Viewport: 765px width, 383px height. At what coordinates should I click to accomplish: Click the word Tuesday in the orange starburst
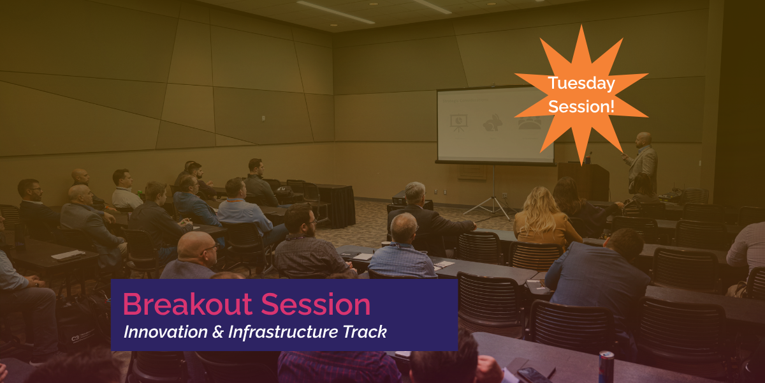pyautogui.click(x=581, y=84)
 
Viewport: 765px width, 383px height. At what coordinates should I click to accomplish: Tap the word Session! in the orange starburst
pyautogui.click(x=581, y=107)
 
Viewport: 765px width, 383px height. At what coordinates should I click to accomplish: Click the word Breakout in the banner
pyautogui.click(x=187, y=304)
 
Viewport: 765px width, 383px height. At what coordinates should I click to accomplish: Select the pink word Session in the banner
pyautogui.click(x=316, y=304)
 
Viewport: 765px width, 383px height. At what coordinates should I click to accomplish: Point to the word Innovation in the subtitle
pyautogui.click(x=166, y=332)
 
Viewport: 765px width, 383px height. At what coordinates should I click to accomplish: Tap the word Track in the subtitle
pyautogui.click(x=365, y=332)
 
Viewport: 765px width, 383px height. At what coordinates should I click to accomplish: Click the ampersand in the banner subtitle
pyautogui.click(x=218, y=332)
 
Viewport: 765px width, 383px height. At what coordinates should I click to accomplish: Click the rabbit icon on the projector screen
pyautogui.click(x=492, y=123)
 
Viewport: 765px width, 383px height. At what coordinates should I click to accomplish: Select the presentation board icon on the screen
pyautogui.click(x=458, y=123)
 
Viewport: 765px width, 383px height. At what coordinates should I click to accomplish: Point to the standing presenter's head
pyautogui.click(x=644, y=140)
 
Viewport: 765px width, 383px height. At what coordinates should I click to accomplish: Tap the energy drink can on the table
pyautogui.click(x=606, y=366)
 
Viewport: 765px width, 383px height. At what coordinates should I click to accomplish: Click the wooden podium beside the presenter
pyautogui.click(x=583, y=181)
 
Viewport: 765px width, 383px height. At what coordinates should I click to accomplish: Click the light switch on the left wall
pyautogui.click(x=263, y=119)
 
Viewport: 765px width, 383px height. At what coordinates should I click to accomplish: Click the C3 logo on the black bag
pyautogui.click(x=75, y=338)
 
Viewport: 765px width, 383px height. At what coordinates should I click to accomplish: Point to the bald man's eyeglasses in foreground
pyautogui.click(x=210, y=248)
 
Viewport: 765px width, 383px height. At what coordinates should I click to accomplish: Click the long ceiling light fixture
pyautogui.click(x=335, y=12)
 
